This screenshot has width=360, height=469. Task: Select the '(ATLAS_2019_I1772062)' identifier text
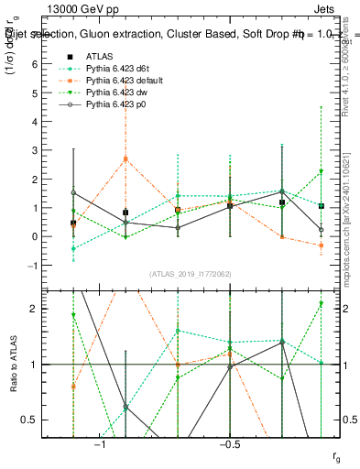coord(191,274)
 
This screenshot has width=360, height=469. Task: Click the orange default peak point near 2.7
coord(125,158)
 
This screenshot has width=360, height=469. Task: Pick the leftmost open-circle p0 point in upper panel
coord(73,192)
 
